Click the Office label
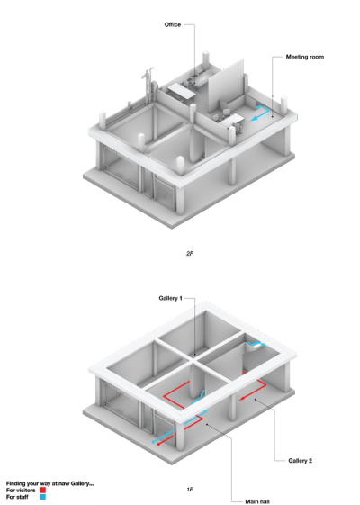pos(173,25)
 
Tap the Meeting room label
pos(305,57)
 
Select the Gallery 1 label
pos(170,298)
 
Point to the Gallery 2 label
pos(300,461)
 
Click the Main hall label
pos(257,501)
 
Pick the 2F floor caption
pos(190,254)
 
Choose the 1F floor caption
pos(190,490)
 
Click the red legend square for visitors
pos(43,491)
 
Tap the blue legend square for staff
pos(43,497)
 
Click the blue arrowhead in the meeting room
pos(255,118)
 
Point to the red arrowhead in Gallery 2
pos(243,399)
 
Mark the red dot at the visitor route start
pos(158,444)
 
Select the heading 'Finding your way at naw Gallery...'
pos(49,483)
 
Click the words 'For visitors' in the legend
pos(21,491)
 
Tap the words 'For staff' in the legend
pos(17,497)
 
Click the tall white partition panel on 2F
pos(226,85)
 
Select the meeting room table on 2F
pos(231,121)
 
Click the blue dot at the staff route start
pos(153,442)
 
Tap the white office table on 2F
pos(181,90)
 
